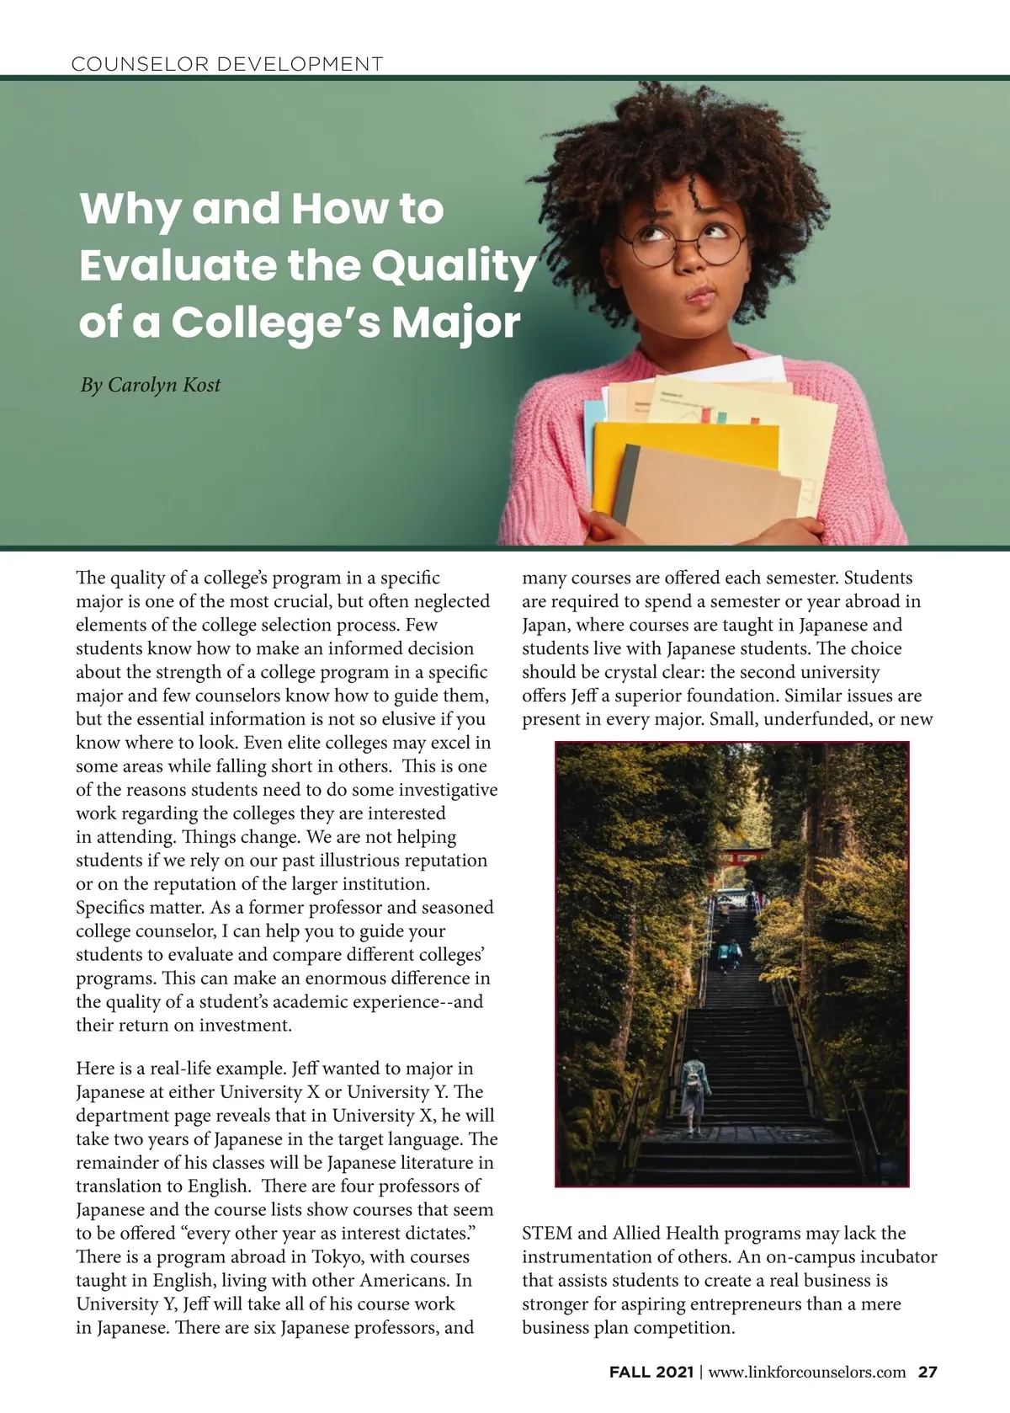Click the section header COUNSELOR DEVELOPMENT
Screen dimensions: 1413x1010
pos(228,63)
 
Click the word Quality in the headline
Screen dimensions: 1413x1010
pos(454,266)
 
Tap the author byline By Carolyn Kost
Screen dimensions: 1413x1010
pos(151,385)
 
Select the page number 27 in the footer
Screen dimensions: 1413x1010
pos(928,1372)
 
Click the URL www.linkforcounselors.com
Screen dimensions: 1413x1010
pos(807,1372)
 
